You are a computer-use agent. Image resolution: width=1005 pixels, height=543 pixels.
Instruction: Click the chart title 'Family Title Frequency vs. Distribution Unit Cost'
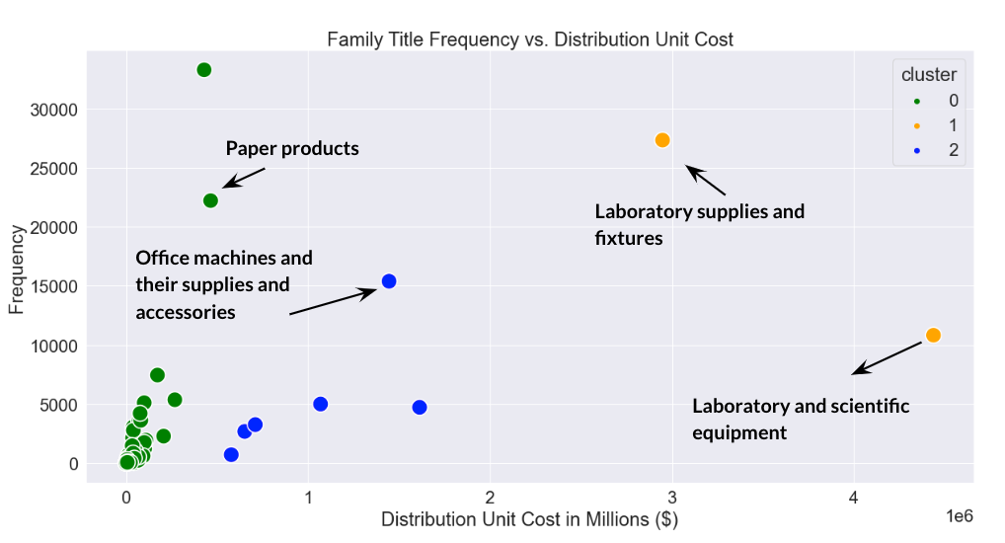530,39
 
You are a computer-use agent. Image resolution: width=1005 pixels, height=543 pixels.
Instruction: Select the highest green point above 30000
204,70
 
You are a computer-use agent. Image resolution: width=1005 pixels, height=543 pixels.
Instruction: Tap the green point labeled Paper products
210,200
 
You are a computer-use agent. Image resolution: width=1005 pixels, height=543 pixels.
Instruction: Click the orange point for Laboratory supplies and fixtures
662,140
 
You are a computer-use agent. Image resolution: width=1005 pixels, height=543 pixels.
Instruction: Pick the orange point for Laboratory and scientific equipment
933,336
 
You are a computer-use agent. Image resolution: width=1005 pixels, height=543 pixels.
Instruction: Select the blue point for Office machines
389,281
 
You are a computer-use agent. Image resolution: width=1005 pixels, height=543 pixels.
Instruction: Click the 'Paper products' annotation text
292,149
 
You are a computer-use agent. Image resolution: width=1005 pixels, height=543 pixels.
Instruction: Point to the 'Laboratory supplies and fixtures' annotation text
699,224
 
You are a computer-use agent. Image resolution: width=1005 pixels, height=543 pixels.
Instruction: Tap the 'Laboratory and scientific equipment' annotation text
800,419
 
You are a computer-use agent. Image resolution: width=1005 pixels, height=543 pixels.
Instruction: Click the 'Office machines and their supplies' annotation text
223,284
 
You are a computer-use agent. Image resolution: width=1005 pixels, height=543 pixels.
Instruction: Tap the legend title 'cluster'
928,75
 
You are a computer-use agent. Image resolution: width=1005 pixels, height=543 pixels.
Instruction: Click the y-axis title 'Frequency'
17,270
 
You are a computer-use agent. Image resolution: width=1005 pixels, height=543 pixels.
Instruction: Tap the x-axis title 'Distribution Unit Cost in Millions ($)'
530,519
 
